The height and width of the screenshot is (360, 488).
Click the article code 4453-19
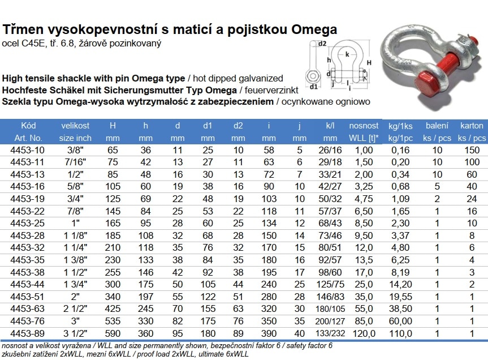click(27, 199)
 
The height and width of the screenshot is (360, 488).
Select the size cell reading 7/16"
click(75, 162)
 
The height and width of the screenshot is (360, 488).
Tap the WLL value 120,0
click(364, 333)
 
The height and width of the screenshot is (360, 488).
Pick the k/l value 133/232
click(330, 333)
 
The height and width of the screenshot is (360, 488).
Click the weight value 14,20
click(400, 284)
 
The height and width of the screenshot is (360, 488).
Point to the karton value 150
click(472, 150)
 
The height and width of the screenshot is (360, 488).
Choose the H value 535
click(113, 321)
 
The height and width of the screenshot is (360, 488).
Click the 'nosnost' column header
click(364, 126)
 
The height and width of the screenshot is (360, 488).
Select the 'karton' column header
click(472, 126)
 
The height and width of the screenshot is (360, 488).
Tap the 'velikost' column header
click(75, 126)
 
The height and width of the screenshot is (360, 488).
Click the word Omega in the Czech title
click(314, 30)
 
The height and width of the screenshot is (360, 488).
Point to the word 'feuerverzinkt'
click(271, 91)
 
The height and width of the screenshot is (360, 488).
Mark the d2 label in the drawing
click(322, 43)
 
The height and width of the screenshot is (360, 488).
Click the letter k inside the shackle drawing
click(347, 55)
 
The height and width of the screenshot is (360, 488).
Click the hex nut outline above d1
click(313, 76)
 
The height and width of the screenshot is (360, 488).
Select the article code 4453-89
click(27, 333)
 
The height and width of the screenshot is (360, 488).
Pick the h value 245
click(146, 308)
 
